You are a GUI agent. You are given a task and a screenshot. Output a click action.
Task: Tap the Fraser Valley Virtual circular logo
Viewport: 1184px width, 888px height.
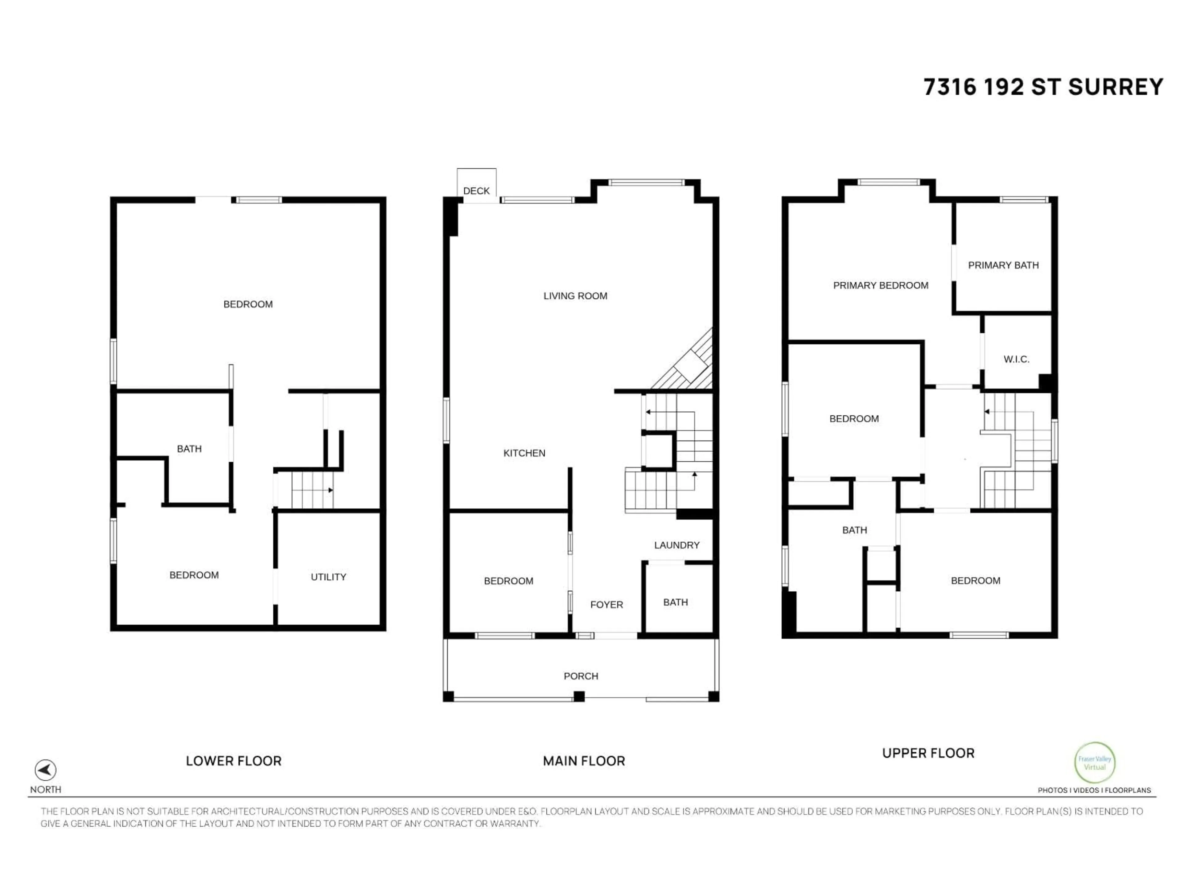click(1095, 763)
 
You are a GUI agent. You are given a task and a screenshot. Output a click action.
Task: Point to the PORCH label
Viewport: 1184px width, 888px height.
click(581, 676)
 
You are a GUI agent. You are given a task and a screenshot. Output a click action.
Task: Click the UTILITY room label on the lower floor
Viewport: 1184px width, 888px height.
click(328, 577)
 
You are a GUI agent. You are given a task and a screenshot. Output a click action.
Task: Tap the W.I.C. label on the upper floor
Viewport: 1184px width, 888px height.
click(1016, 359)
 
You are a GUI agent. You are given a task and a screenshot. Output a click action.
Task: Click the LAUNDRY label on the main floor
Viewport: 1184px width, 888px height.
click(676, 545)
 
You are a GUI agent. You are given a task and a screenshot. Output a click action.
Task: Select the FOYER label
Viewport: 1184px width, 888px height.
click(606, 604)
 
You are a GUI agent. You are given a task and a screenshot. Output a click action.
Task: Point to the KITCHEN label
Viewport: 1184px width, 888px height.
click(524, 453)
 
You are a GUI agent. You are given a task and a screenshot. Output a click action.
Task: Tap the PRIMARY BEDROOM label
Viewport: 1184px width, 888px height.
click(881, 285)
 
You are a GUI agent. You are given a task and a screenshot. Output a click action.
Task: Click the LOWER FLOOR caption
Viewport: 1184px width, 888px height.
click(233, 761)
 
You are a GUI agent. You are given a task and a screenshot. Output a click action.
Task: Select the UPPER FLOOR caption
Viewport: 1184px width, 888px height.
click(928, 753)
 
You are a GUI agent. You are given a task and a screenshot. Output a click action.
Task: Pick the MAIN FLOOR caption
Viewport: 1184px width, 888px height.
click(583, 761)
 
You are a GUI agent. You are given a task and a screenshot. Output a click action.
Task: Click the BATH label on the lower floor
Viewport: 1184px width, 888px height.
click(189, 449)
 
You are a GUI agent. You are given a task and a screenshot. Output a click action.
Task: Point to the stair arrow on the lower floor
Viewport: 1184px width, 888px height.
click(330, 490)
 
